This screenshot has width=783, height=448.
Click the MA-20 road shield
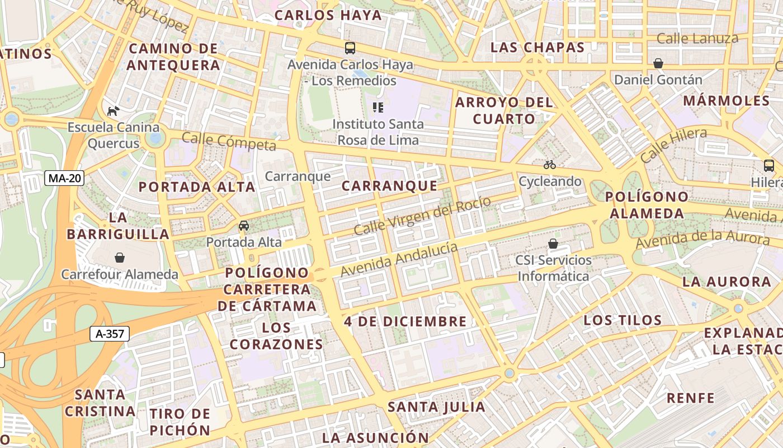tap(65, 179)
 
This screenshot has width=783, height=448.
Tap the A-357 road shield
tap(110, 334)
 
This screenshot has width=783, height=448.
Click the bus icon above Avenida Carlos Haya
tap(350, 48)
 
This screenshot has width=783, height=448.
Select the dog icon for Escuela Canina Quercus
tap(113, 111)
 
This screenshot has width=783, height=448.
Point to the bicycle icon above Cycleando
tap(550, 165)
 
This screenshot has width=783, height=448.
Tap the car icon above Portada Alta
tap(244, 226)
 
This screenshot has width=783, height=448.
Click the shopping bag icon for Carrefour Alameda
tap(120, 258)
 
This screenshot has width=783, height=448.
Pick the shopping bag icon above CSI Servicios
tap(553, 244)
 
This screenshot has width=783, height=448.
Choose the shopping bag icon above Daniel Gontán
tap(658, 63)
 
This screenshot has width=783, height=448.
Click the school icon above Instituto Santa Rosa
tap(378, 107)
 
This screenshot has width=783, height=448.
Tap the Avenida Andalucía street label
tap(399, 258)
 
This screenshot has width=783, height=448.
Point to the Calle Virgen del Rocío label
tap(422, 216)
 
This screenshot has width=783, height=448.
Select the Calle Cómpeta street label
tap(229, 142)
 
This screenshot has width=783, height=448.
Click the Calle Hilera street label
tap(673, 144)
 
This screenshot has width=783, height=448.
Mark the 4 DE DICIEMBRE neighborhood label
tap(405, 321)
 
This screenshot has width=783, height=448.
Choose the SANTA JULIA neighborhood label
tap(437, 407)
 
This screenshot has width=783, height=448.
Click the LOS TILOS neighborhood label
tap(622, 320)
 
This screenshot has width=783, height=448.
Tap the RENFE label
tap(690, 398)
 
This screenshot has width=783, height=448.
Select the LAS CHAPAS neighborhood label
tap(537, 48)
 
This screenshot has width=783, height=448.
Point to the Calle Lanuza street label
tap(697, 39)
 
